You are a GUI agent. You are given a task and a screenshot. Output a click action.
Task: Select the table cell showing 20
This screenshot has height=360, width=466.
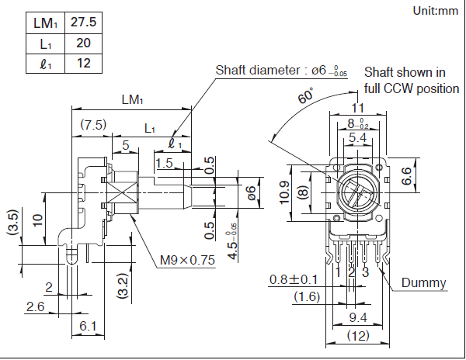point(82,43)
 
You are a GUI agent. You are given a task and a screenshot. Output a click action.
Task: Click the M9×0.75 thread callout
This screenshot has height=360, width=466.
point(187,259)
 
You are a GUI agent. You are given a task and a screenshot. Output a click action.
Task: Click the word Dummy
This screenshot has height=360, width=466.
point(424,282)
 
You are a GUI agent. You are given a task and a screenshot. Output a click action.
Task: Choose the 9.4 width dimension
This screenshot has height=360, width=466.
point(357,317)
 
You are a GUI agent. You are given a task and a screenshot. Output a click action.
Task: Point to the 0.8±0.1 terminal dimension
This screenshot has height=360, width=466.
point(294,279)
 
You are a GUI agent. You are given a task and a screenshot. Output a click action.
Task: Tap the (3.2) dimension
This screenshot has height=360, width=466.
point(122,286)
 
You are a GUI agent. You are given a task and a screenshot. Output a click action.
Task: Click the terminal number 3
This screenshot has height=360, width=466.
point(364,272)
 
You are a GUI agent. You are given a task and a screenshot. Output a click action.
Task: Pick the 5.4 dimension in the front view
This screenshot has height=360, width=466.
point(357,137)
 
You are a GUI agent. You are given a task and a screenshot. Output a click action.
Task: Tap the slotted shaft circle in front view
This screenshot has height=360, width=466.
point(357,190)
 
